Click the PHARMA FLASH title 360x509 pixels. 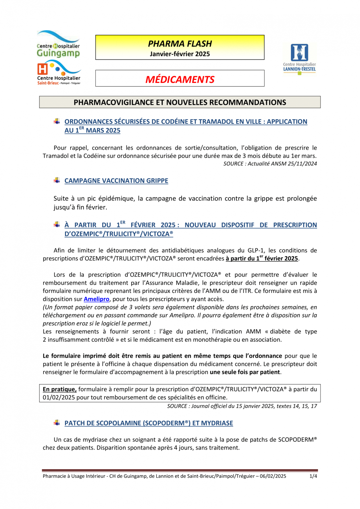click(x=180, y=44)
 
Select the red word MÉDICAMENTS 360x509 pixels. click(x=180, y=80)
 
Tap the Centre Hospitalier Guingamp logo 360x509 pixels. click(x=58, y=44)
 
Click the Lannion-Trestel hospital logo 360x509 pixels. click(x=299, y=58)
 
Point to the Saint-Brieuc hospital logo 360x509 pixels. click(x=59, y=73)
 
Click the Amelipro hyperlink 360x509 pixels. click(x=96, y=299)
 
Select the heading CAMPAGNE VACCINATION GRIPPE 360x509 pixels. click(x=116, y=181)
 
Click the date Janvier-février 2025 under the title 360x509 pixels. click(x=180, y=54)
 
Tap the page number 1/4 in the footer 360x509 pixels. click(x=313, y=476)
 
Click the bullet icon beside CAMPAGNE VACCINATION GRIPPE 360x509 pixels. click(x=57, y=180)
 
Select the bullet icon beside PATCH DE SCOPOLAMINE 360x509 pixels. click(x=57, y=423)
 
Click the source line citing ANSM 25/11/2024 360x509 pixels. click(x=270, y=164)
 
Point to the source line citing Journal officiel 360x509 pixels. click(x=242, y=406)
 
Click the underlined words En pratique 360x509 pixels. click(x=60, y=389)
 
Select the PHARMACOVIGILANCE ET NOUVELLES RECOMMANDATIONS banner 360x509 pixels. click(x=180, y=102)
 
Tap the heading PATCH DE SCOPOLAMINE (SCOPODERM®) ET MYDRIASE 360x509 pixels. click(x=149, y=423)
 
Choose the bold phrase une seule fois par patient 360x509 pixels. click(x=245, y=372)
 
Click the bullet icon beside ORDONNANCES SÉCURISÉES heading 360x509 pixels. click(x=57, y=121)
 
